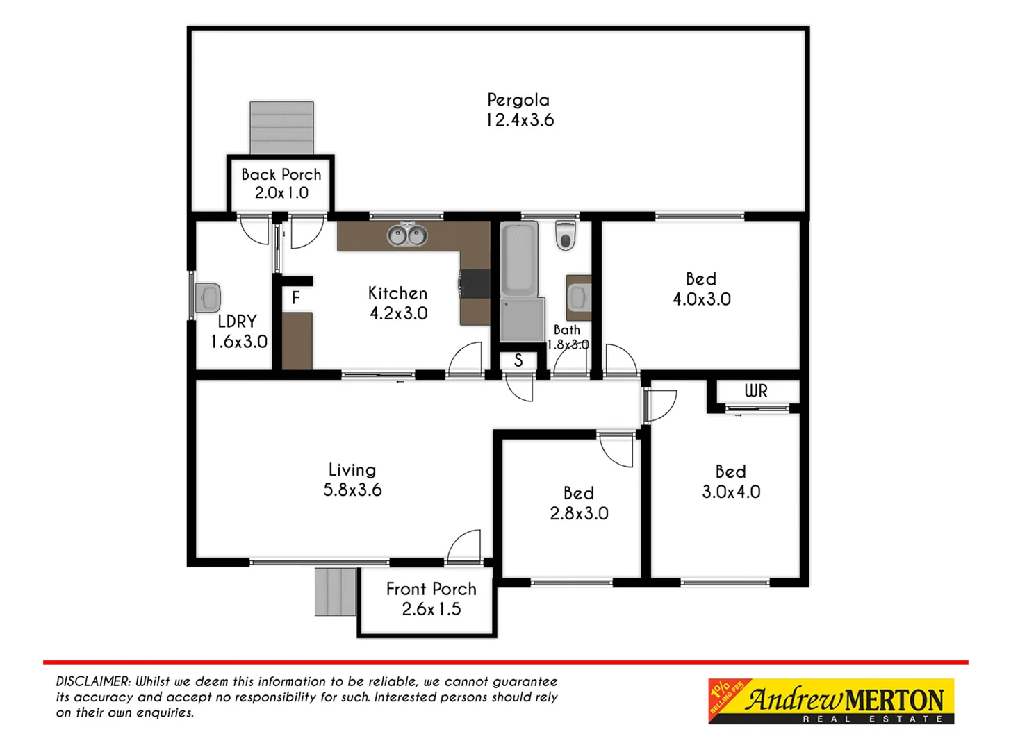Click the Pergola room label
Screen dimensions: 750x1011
(518, 100)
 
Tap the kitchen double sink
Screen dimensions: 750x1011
(406, 235)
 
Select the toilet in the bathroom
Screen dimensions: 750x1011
(566, 235)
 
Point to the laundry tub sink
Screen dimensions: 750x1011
(208, 298)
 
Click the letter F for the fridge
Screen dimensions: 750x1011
(296, 298)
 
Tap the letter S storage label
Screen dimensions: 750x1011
(518, 361)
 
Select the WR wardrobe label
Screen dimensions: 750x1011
(756, 391)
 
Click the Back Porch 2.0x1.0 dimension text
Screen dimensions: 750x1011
(281, 193)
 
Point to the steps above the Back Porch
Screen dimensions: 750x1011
(281, 128)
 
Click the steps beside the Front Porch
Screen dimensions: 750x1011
(336, 592)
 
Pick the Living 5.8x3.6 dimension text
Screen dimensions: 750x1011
(352, 490)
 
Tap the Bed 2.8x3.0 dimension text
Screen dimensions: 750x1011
(579, 514)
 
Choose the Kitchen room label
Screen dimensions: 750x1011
(397, 293)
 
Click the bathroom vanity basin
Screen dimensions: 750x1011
(578, 298)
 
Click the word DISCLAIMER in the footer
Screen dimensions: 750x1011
(93, 682)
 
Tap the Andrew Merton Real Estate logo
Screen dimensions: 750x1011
(831, 701)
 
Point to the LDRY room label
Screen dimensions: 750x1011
(237, 322)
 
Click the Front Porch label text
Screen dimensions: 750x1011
(431, 589)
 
